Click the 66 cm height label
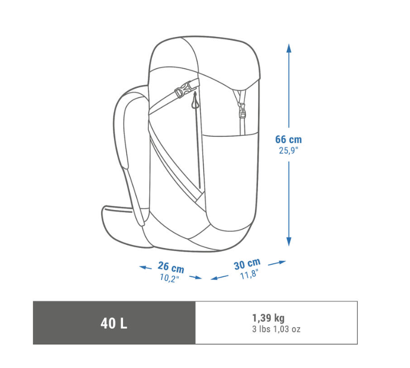(289, 140)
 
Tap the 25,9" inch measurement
(289, 151)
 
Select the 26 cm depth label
(171, 267)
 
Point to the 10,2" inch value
(169, 278)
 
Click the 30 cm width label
(247, 264)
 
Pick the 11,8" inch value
(249, 275)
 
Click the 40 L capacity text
(114, 323)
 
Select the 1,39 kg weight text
(268, 318)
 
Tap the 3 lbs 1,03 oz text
(276, 329)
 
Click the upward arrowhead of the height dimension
(289, 48)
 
